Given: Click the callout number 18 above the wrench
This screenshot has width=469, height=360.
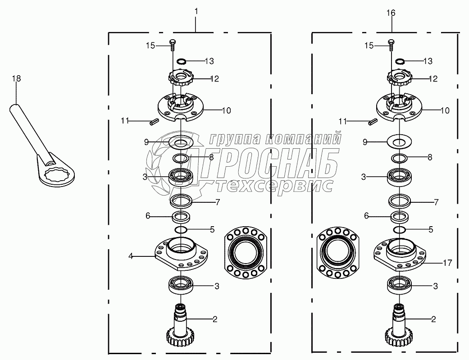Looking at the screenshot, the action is click(17, 79).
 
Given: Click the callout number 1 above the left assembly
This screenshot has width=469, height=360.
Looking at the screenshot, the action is click(196, 11).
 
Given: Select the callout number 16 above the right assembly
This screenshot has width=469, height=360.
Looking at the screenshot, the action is click(391, 13).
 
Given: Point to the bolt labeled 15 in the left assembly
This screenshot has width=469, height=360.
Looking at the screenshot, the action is click(173, 46).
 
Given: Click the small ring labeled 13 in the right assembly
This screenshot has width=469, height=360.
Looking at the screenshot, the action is click(400, 61).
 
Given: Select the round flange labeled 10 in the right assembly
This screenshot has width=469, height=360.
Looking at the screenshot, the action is click(399, 108).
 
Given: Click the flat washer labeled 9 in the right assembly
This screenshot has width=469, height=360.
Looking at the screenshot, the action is click(399, 141).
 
